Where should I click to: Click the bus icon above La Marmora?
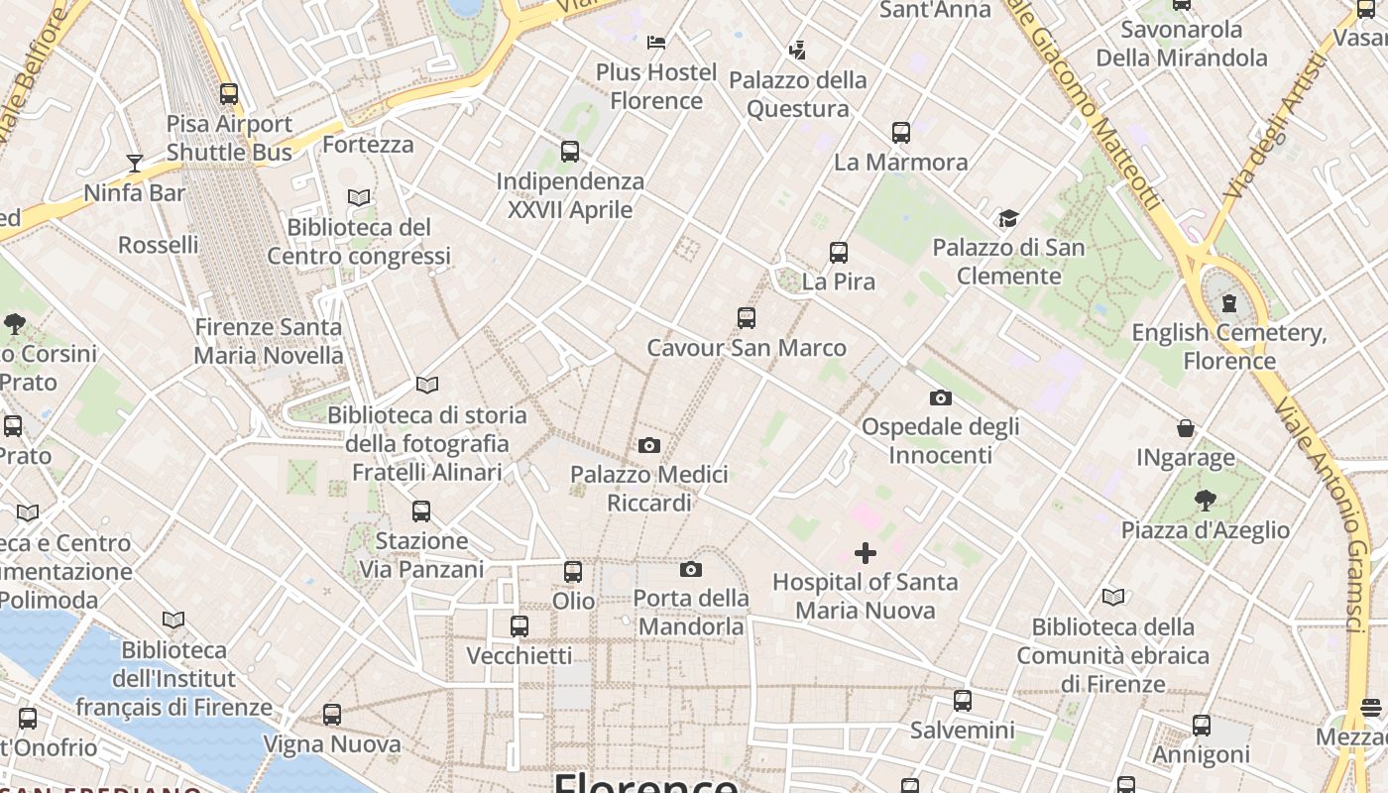tap(901, 133)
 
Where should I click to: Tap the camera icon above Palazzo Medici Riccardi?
tap(649, 445)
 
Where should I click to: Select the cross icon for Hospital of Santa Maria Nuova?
tap(866, 552)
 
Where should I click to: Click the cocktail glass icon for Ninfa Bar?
tap(135, 164)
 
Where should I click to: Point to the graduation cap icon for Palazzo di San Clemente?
tap(1008, 218)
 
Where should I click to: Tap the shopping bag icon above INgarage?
tap(1186, 428)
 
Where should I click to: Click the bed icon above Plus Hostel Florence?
tap(656, 43)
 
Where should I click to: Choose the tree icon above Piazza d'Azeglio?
tap(1205, 501)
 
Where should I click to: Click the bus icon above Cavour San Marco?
tap(747, 318)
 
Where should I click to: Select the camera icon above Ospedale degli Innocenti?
tap(941, 398)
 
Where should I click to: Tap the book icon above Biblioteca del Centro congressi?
tap(359, 198)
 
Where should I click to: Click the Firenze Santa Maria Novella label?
tap(269, 341)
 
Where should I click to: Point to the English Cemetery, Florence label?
tap(1229, 346)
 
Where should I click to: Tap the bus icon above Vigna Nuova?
tap(332, 715)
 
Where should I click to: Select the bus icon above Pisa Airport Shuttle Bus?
tap(229, 94)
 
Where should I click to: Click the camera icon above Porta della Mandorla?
tap(691, 569)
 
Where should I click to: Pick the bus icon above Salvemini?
tap(962, 701)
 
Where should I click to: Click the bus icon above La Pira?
tap(839, 253)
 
